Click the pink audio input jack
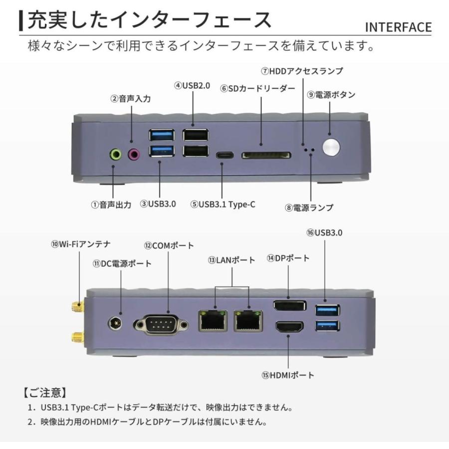[x=134, y=155]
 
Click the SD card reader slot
[x=266, y=156]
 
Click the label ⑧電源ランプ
[x=309, y=208]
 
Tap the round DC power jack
[x=116, y=323]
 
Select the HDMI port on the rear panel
[x=289, y=327]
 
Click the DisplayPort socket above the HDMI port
[x=289, y=305]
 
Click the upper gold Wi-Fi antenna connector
[x=77, y=305]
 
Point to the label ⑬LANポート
[x=231, y=260]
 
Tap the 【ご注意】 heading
[x=45, y=392]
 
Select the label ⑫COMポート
[x=169, y=245]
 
